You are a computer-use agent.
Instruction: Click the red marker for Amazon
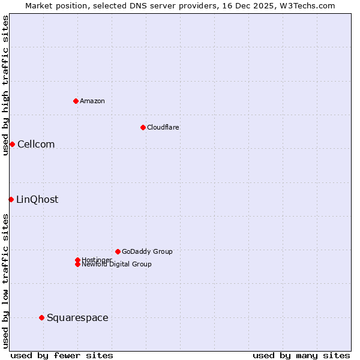[x=76, y=101]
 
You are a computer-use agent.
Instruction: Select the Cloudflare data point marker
[x=143, y=127]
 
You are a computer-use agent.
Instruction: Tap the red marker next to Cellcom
[x=12, y=144]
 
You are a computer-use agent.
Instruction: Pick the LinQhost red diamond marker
[x=11, y=199]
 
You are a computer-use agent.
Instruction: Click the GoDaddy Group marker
[x=118, y=251]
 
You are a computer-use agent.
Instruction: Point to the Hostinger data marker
[x=77, y=260]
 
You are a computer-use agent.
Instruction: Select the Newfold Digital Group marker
[x=77, y=264]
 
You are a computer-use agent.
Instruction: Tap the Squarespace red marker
[x=41, y=317]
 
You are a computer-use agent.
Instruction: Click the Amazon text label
[x=92, y=101]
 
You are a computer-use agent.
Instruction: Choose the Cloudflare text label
[x=163, y=127]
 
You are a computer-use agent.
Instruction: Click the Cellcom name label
[x=36, y=144]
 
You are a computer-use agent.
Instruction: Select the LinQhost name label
[x=37, y=199]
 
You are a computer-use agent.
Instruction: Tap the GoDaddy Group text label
[x=147, y=251]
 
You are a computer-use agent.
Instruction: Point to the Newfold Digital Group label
[x=117, y=265]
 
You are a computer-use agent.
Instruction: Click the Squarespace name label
[x=77, y=317]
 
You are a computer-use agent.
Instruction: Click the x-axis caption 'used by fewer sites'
[x=62, y=355]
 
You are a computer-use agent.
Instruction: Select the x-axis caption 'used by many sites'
[x=301, y=355]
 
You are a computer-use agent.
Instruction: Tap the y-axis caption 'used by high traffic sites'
[x=5, y=85]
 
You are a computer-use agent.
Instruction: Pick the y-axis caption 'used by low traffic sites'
[x=5, y=281]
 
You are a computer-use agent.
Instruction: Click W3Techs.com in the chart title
[x=306, y=5]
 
